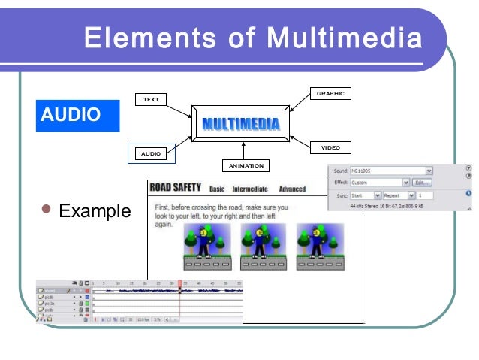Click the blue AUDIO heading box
[x=77, y=114]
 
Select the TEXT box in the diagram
[x=151, y=99]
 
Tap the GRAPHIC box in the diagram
[x=330, y=94]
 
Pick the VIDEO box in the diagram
[x=330, y=147]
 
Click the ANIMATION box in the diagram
[x=246, y=165]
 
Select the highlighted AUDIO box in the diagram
[x=151, y=153]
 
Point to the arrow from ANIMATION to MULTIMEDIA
[x=241, y=149]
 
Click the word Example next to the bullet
[x=95, y=211]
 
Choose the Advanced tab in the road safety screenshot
[x=292, y=189]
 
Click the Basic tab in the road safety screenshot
[x=217, y=189]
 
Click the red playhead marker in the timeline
[x=179, y=283]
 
